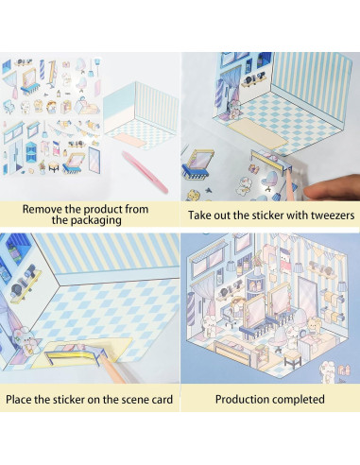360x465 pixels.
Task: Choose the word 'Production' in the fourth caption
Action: [x=244, y=400]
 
